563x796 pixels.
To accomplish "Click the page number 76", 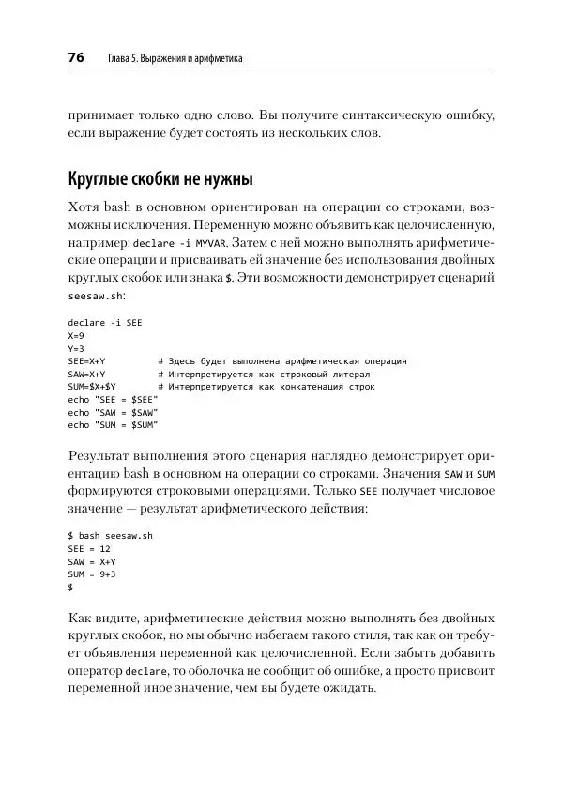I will click(76, 58).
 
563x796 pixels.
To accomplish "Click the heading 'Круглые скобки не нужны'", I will click(160, 179).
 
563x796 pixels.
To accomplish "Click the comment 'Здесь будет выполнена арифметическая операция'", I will click(287, 361).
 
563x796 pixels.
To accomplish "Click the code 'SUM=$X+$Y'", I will click(92, 387).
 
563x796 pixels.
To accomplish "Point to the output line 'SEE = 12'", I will click(90, 548).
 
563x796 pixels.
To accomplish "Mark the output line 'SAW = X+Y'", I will click(92, 560).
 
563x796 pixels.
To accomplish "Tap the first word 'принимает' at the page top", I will click(101, 116).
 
